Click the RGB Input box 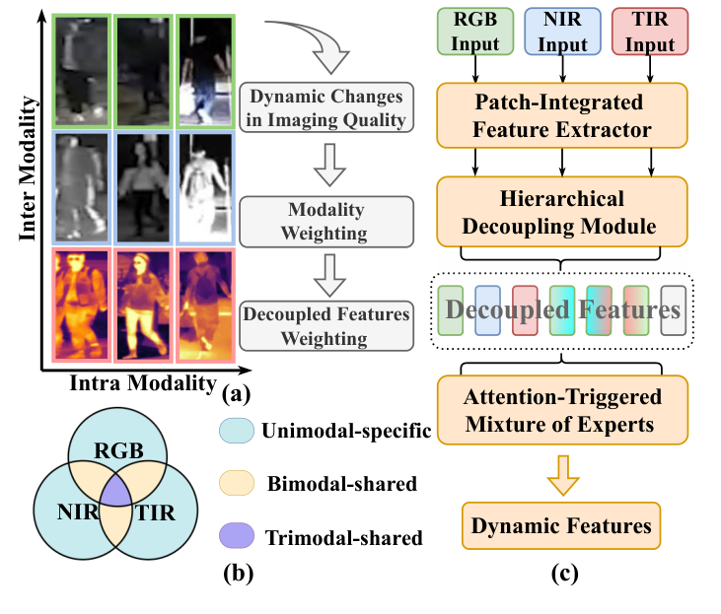[x=475, y=32]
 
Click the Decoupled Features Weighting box [x=325, y=324]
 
